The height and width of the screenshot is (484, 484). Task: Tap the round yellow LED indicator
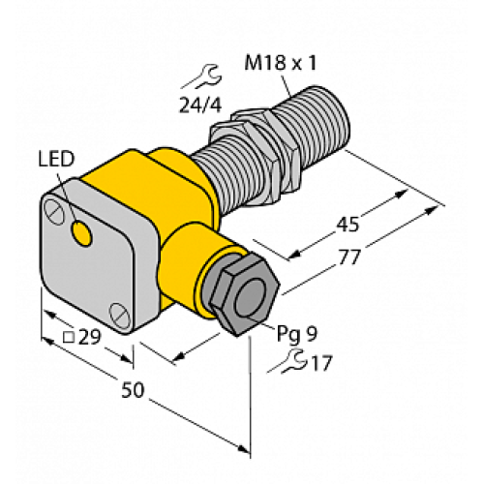[84, 233]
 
